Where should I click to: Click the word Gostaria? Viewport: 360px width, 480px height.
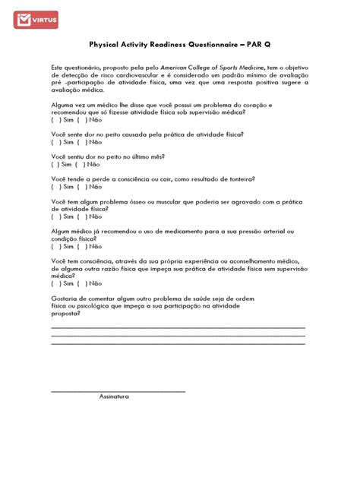tap(65, 298)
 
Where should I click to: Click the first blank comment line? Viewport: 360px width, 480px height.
tap(178, 327)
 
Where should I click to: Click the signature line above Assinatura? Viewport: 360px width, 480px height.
tap(118, 391)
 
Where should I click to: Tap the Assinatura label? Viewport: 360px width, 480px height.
tap(114, 396)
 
